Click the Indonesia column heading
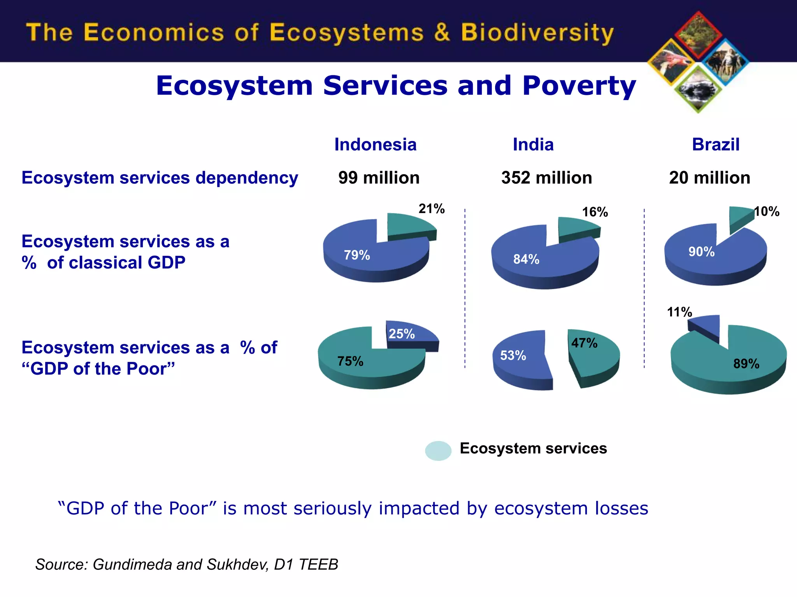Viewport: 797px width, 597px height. click(x=375, y=145)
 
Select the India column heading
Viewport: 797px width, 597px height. click(x=533, y=145)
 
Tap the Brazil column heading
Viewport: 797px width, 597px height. click(x=715, y=145)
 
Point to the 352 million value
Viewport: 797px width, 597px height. click(x=546, y=178)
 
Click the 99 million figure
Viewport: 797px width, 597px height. click(x=379, y=178)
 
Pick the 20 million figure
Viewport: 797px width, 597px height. click(x=709, y=178)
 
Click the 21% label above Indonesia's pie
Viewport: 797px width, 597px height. click(x=431, y=209)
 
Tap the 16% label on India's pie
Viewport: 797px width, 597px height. click(x=595, y=212)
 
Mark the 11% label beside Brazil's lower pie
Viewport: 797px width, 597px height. click(x=679, y=312)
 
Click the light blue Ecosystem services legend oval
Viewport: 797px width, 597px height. click(x=438, y=451)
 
